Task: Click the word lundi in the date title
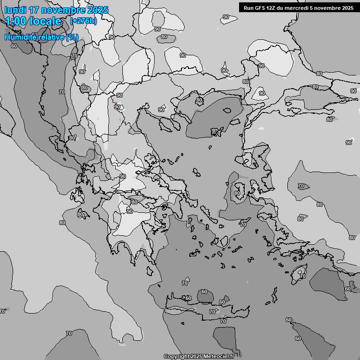point(17,10)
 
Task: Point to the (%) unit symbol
point(72,37)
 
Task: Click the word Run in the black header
point(248,7)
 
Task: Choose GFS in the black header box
point(261,7)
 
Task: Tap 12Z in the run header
point(274,7)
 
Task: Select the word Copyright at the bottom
point(176,357)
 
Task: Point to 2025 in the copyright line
point(195,357)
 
